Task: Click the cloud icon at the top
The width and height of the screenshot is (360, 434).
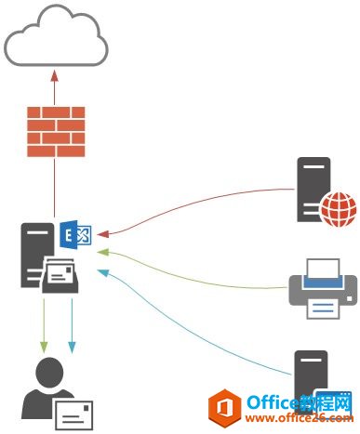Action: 53,37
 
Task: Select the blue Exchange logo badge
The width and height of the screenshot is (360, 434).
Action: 73,235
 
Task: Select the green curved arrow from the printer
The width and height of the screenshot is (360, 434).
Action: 195,261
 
